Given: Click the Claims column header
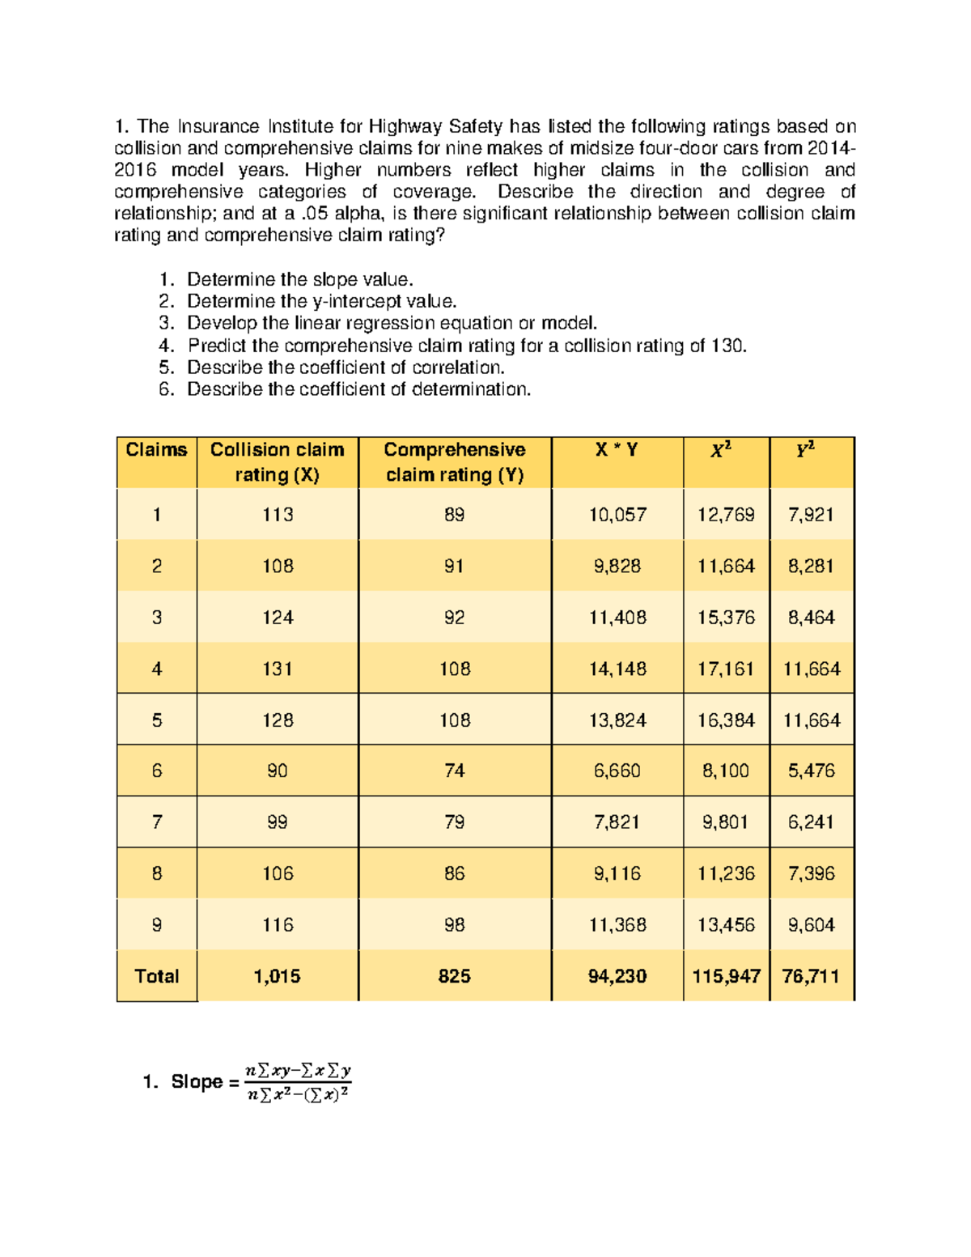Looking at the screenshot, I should click(x=156, y=450).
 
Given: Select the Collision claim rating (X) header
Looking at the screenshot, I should click(x=277, y=462).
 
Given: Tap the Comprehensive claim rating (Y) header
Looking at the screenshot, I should click(x=454, y=462).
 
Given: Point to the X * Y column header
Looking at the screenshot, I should click(x=617, y=450).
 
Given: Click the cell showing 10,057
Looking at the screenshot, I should click(x=617, y=515).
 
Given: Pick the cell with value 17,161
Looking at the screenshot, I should click(x=725, y=669).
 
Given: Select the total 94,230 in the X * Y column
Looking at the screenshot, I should click(x=617, y=976).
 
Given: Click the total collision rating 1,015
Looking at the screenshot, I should click(x=277, y=976).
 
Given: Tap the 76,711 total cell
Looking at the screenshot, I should click(x=811, y=976).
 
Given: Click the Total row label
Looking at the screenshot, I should click(x=156, y=976).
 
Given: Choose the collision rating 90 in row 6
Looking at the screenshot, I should click(x=277, y=771).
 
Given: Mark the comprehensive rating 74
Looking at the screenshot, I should click(x=454, y=771).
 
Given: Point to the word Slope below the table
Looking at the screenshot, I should click(x=197, y=1082).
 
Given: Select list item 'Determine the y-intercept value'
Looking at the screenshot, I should click(x=321, y=302).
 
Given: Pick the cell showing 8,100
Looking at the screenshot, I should click(x=725, y=771).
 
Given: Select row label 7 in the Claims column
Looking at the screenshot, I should click(x=156, y=822).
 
